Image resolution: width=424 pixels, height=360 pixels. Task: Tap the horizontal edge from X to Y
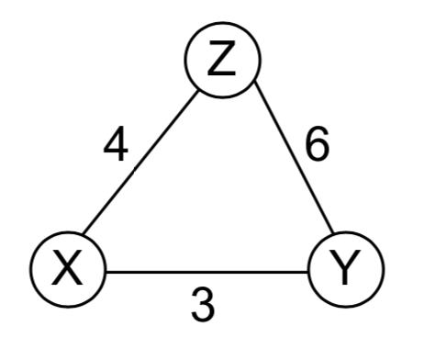[x=206, y=272]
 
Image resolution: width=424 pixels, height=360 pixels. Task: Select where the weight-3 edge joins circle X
[x=106, y=272]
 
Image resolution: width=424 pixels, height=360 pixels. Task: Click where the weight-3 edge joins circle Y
[x=307, y=272]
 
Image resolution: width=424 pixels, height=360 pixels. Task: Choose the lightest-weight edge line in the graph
[x=206, y=272]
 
